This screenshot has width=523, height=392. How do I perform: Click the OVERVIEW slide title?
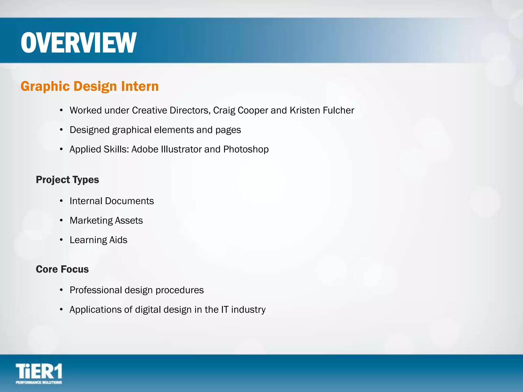[79, 43]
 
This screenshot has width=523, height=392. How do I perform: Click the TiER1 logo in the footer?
[39, 373]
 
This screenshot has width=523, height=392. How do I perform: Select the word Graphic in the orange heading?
[45, 86]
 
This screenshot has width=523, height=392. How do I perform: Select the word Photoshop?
[246, 149]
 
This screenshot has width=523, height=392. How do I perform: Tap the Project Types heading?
[67, 180]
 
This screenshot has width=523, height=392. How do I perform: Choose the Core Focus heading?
[62, 269]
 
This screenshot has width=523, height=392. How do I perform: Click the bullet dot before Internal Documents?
[61, 201]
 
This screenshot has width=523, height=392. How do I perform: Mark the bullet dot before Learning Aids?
[61, 240]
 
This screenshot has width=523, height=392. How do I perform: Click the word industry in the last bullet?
[248, 310]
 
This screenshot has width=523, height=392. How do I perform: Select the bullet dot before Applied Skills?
[61, 149]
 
